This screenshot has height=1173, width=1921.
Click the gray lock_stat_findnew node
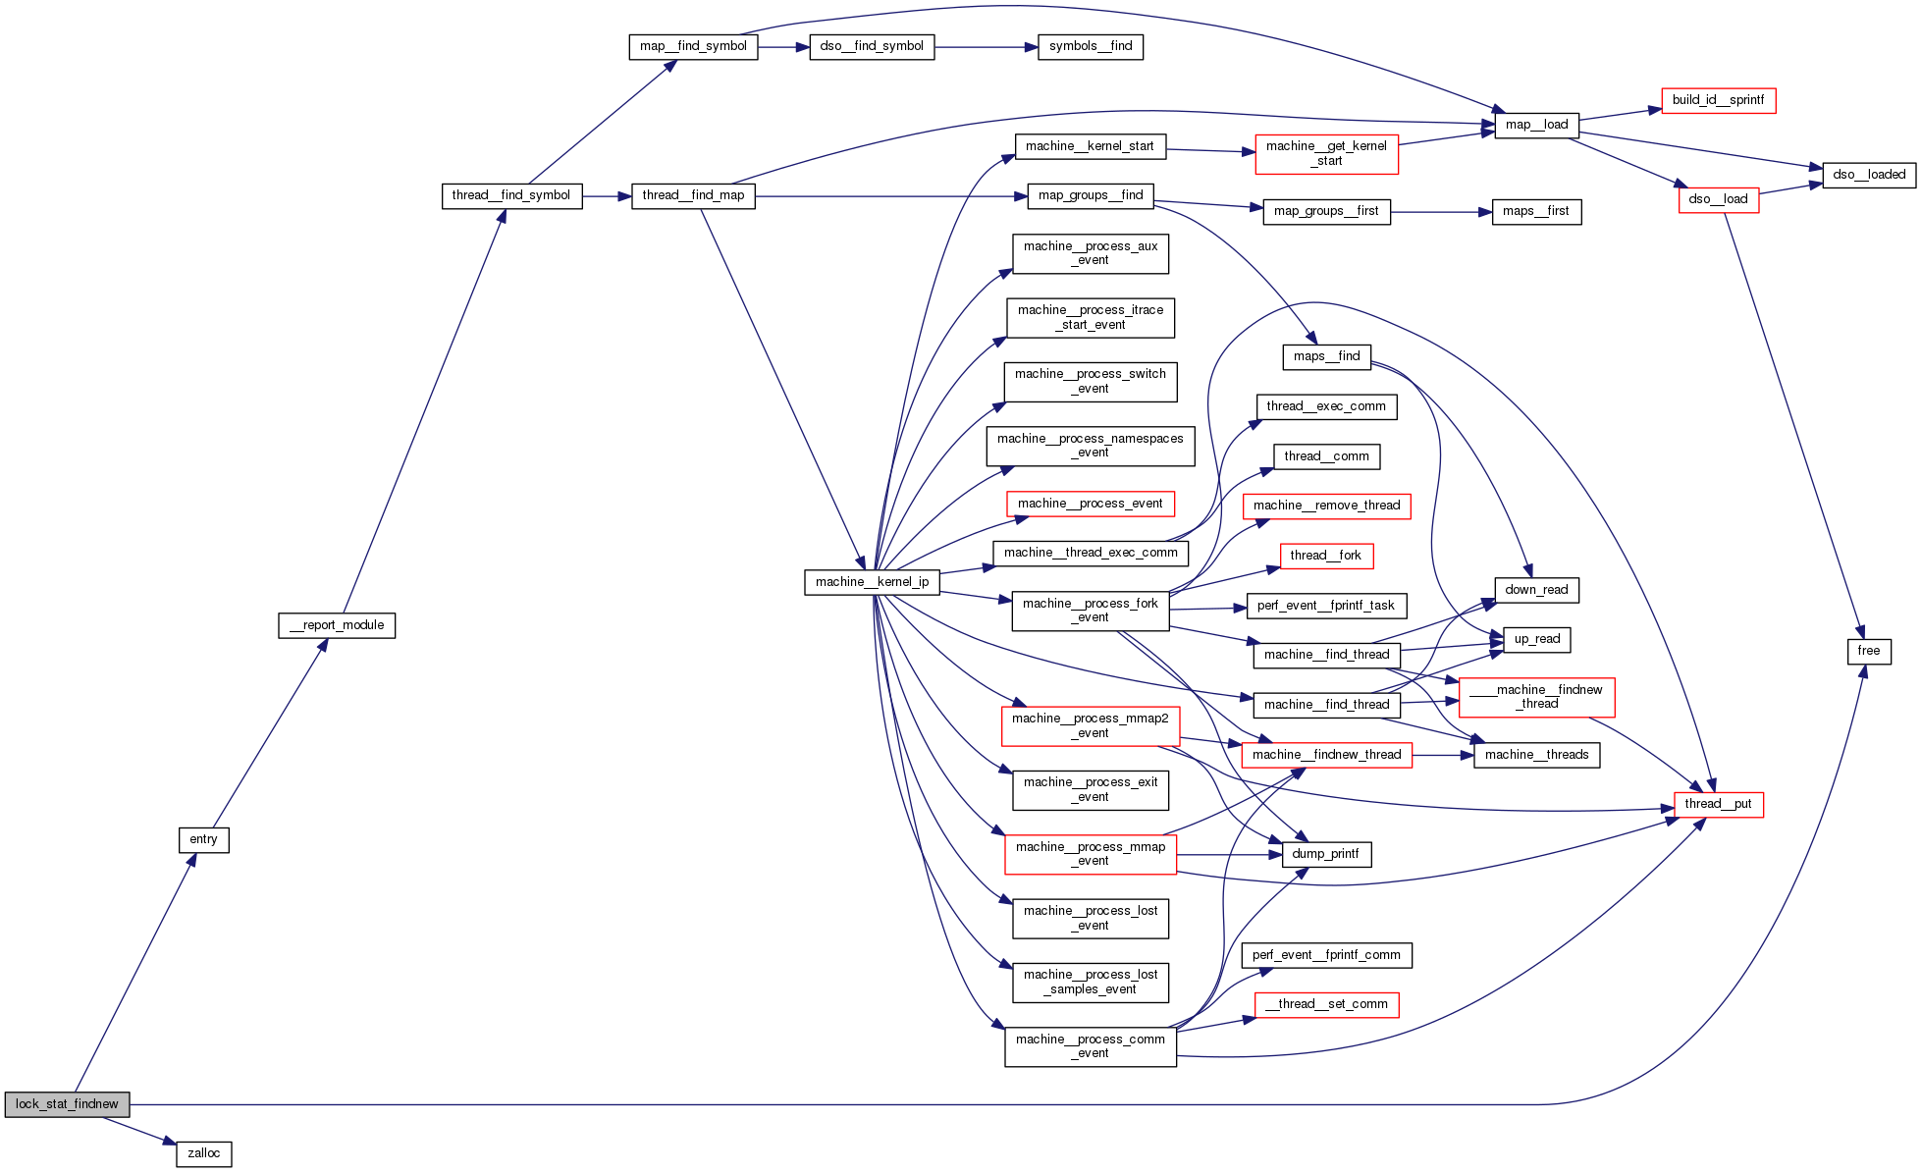click(x=67, y=1104)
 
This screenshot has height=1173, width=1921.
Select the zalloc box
click(x=204, y=1153)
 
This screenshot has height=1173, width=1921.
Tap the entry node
click(x=204, y=839)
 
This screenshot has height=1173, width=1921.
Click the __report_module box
click(x=337, y=625)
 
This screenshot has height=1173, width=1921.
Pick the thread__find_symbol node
click(x=511, y=195)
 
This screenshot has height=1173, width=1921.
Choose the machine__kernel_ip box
click(x=872, y=582)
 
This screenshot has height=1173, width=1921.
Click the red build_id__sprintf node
click(x=1718, y=100)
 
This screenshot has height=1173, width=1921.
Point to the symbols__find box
click(x=1091, y=46)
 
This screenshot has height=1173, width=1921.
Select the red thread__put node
click(x=1718, y=804)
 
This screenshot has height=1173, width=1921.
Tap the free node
click(x=1868, y=651)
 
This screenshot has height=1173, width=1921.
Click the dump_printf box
click(x=1325, y=854)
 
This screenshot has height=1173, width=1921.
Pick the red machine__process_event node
click(x=1090, y=504)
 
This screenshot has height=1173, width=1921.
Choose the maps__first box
click(x=1536, y=211)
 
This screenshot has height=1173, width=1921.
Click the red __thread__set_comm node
click(x=1326, y=1004)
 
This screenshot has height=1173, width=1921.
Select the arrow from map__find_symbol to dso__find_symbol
click(x=783, y=46)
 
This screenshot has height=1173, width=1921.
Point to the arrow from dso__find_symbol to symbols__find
click(x=986, y=46)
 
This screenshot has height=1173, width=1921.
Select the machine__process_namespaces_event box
click(x=1090, y=446)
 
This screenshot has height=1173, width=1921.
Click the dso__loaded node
click(x=1868, y=175)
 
